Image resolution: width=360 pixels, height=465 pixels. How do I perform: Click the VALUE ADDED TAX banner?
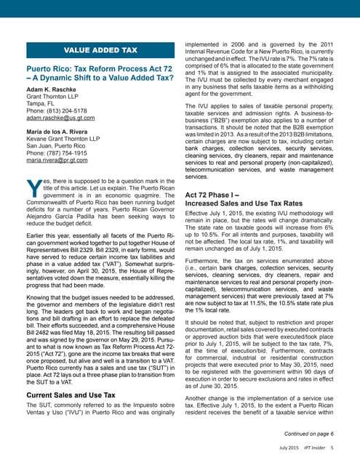tap(101, 50)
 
